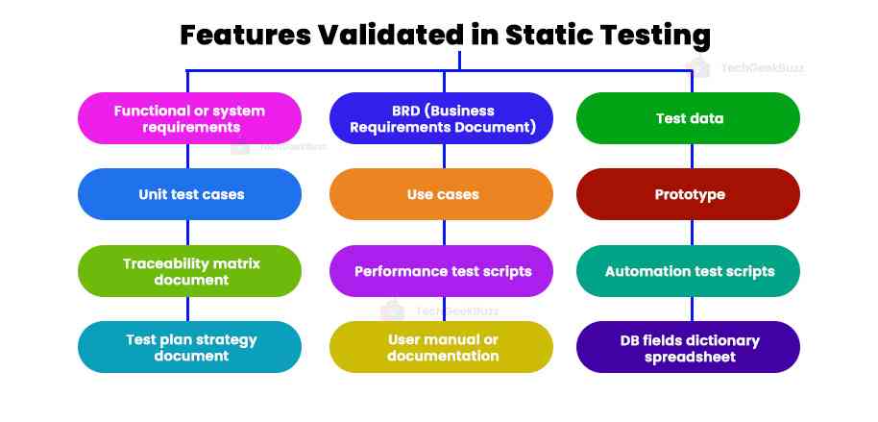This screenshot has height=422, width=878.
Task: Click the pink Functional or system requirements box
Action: [189, 118]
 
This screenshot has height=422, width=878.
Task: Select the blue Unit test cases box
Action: [189, 194]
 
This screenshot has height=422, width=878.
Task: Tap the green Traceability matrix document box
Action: [189, 271]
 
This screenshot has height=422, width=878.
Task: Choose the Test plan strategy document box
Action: [189, 347]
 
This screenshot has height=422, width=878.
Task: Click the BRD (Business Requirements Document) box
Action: [442, 118]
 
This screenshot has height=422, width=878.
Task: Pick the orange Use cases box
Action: [442, 194]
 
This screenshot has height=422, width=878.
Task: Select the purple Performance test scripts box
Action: [442, 271]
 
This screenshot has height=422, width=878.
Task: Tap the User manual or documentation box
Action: [442, 347]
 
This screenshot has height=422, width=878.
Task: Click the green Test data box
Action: [689, 118]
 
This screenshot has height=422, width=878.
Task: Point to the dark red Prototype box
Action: [689, 194]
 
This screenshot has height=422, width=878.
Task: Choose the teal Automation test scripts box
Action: [689, 271]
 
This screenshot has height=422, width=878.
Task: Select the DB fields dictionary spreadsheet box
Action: [689, 347]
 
